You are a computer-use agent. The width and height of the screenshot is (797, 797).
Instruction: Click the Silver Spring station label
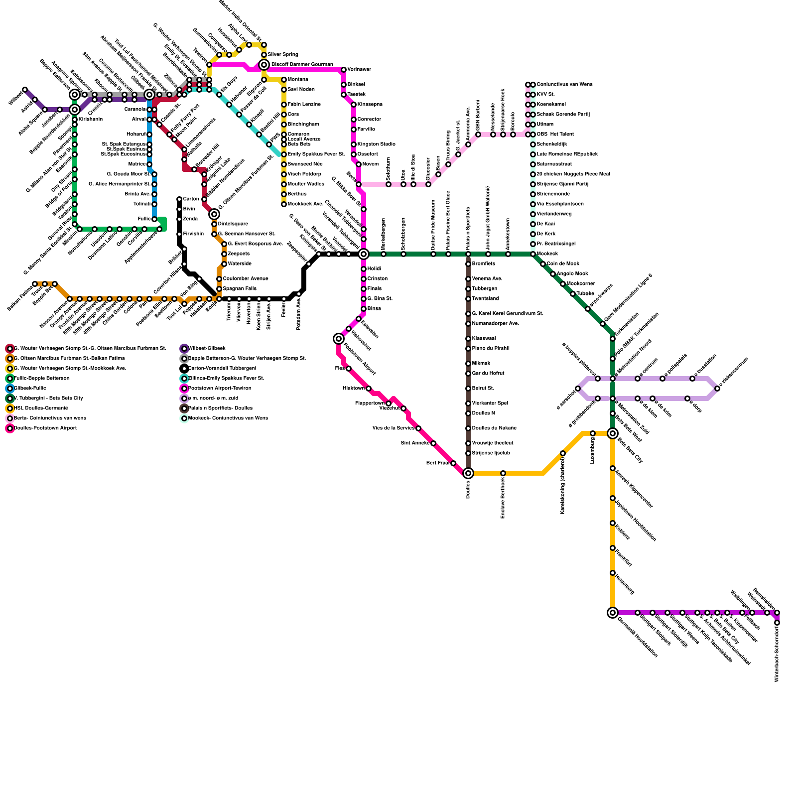click(282, 54)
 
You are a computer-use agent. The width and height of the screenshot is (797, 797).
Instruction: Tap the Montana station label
click(297, 80)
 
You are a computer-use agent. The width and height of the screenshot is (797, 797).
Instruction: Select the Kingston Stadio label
click(376, 144)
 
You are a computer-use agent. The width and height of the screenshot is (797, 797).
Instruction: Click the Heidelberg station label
click(625, 583)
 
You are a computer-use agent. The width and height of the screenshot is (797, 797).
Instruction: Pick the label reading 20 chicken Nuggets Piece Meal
click(573, 174)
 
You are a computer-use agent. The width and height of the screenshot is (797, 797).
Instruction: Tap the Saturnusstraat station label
click(554, 164)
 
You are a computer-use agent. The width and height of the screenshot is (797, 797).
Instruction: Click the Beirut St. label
click(483, 389)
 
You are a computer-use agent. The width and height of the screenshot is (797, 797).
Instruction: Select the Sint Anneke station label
click(414, 443)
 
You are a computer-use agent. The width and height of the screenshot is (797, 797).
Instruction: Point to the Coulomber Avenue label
click(245, 279)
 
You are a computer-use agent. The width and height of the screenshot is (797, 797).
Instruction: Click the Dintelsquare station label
click(233, 224)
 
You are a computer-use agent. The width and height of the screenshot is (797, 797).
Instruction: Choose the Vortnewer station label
click(359, 70)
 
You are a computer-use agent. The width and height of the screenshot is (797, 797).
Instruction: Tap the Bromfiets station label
click(483, 264)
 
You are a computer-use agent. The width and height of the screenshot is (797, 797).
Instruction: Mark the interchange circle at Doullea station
click(468, 473)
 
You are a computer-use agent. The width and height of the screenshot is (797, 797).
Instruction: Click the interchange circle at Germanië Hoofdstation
click(613, 613)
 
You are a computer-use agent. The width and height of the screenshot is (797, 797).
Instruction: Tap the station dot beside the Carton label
click(179, 199)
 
